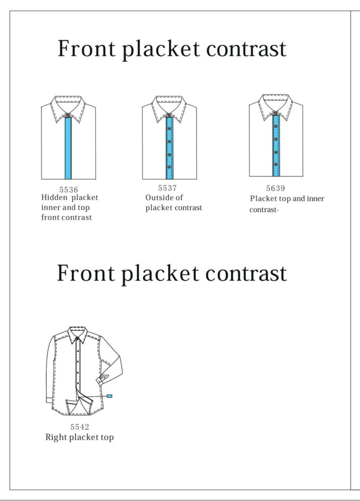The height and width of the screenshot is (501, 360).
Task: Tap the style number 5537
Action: click(167, 188)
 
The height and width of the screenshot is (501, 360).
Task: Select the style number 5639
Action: click(275, 188)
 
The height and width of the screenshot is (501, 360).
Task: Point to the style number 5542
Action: click(80, 427)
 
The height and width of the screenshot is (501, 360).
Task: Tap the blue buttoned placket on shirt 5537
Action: click(169, 147)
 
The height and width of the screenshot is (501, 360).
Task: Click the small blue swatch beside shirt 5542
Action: click(110, 395)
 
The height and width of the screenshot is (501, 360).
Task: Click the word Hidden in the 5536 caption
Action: click(55, 198)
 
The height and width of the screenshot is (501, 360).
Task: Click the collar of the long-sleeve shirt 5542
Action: click(78, 335)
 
